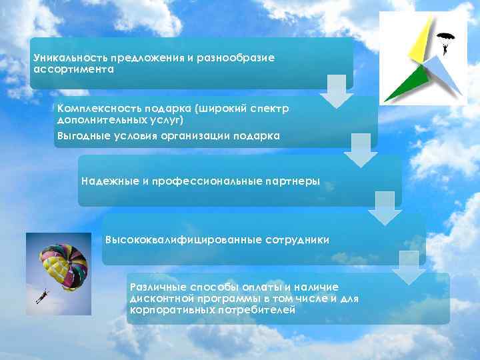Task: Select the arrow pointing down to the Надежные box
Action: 360,151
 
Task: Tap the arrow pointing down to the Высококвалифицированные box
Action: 385,209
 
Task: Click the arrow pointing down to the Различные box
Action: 408,268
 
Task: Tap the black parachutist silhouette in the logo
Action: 443,41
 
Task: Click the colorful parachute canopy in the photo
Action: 64,261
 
